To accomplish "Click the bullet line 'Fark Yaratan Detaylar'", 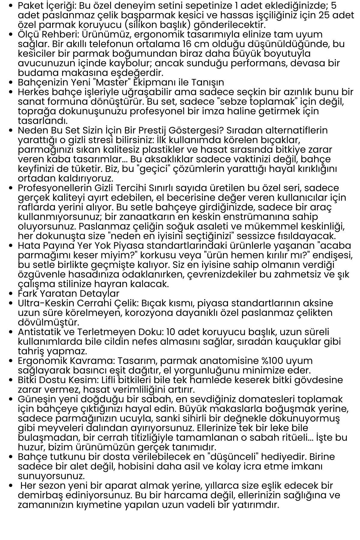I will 68,293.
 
